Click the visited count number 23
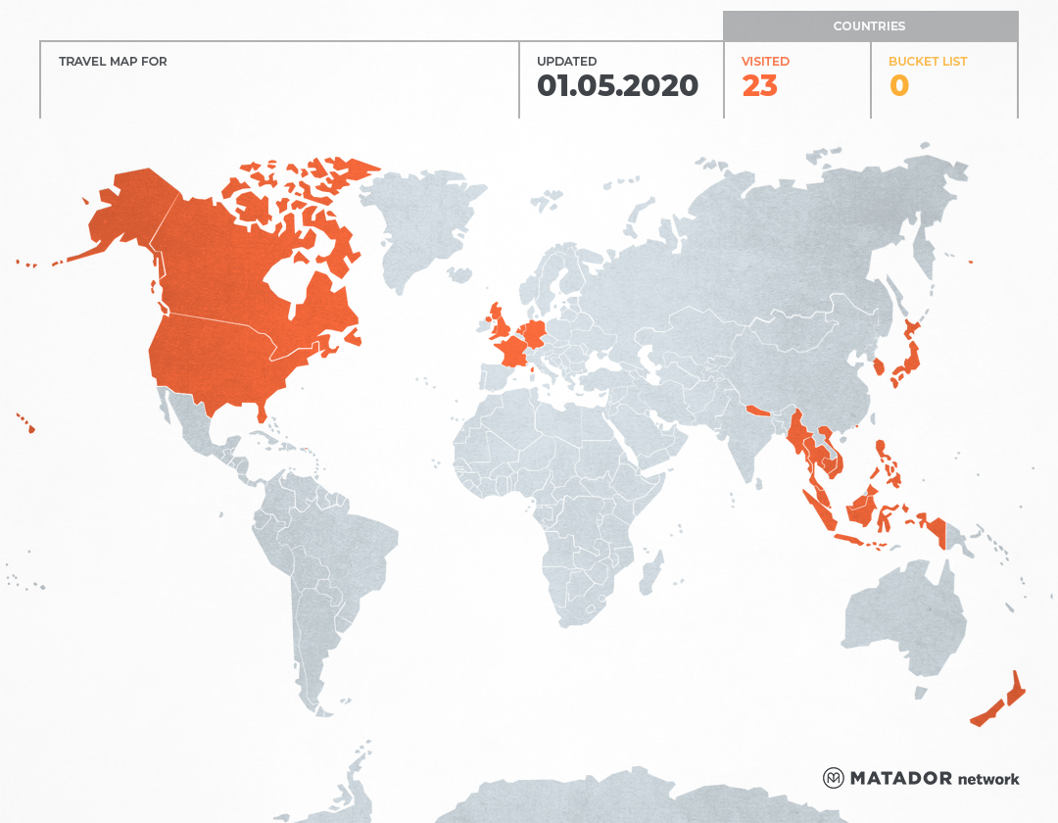759,86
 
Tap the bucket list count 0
898,86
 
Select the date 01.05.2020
617,86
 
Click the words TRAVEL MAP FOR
113,62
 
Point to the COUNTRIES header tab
869,26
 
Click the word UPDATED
566,62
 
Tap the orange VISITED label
765,62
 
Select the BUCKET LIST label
927,62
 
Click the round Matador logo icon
833,778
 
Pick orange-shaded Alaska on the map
127,211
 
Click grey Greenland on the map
411,225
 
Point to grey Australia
901,617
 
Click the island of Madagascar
649,573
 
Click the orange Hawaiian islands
28,425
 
